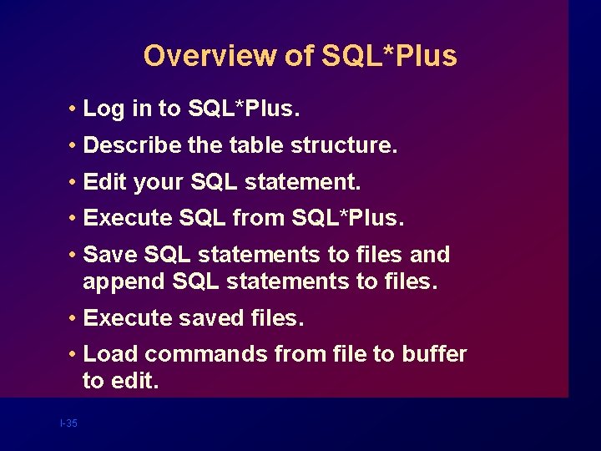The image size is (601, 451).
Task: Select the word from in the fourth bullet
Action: click(259, 218)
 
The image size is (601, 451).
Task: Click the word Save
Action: click(109, 255)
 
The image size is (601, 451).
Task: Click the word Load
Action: click(110, 354)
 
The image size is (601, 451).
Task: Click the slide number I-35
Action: click(68, 423)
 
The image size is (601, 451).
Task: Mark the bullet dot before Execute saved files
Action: click(74, 319)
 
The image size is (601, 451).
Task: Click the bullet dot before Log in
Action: click(74, 109)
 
